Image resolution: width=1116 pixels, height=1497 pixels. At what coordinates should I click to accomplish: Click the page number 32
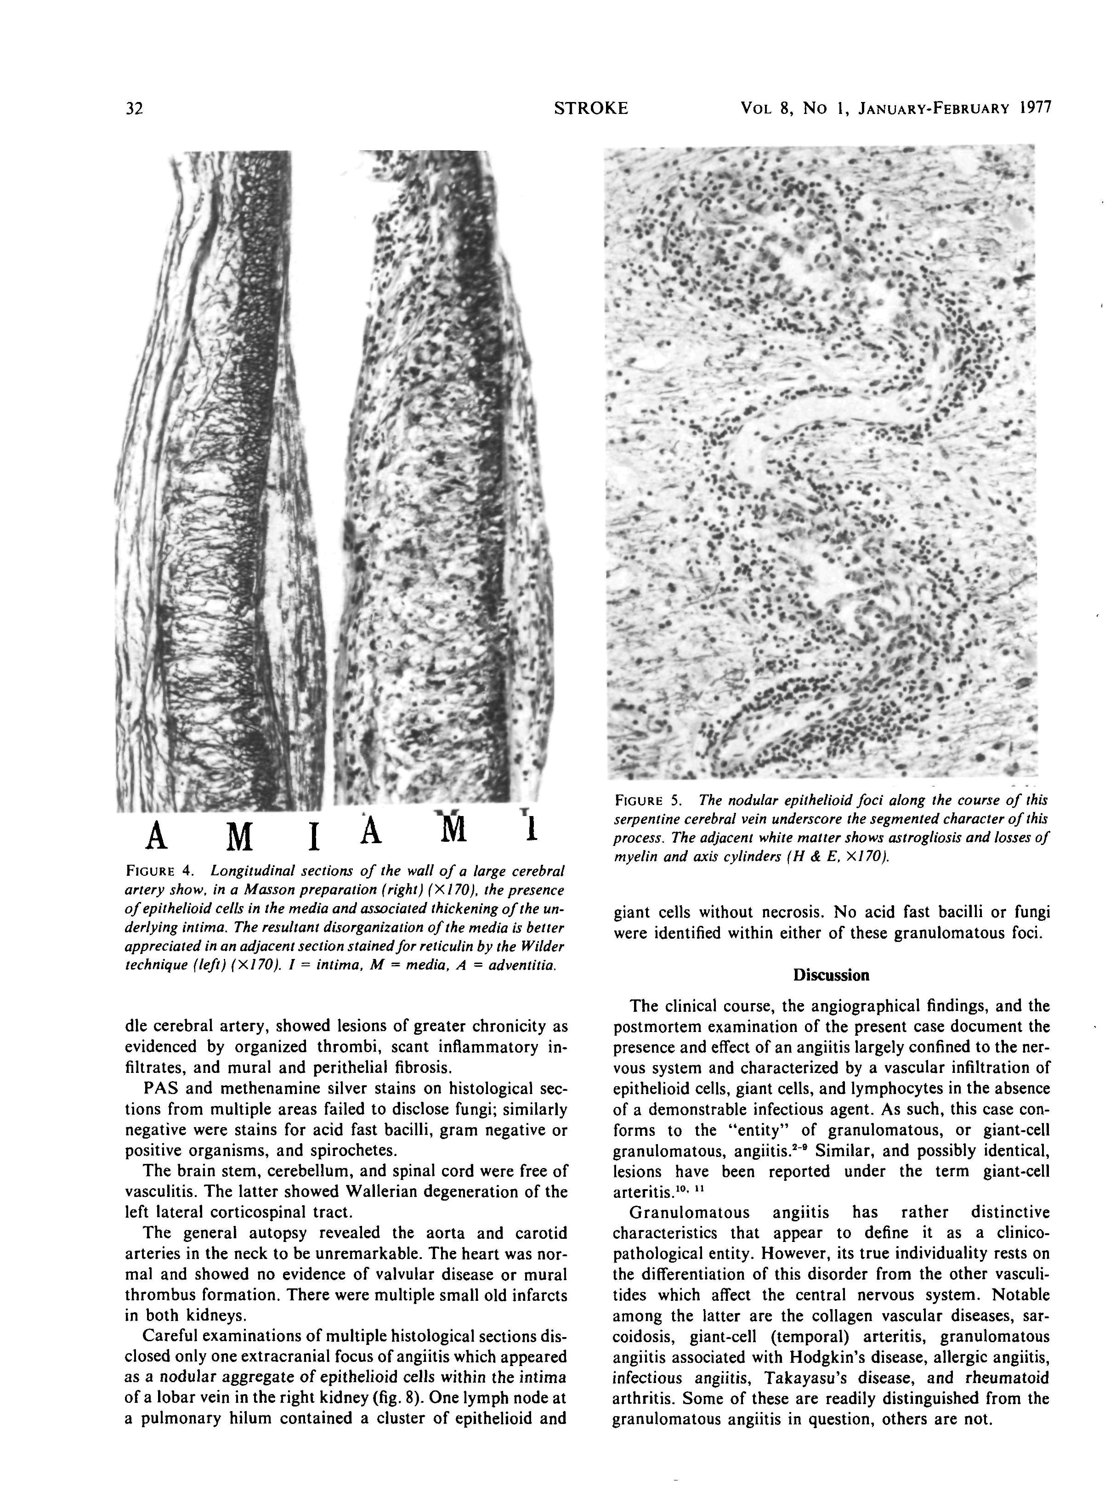click(x=134, y=109)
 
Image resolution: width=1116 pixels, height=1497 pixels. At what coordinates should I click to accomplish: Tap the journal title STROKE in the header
click(x=590, y=108)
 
